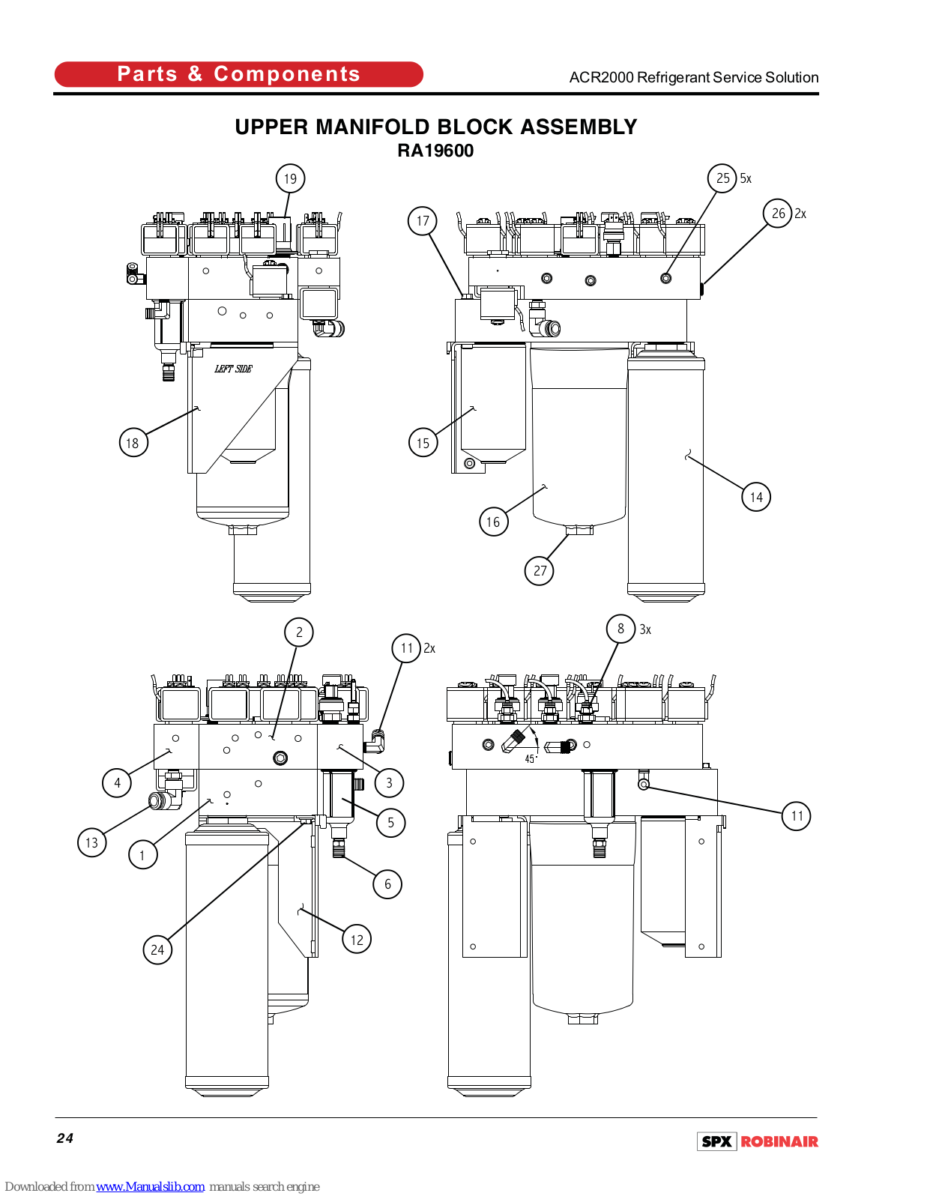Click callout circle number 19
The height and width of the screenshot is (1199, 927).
coord(290,178)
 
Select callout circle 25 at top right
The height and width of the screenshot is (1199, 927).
coord(722,178)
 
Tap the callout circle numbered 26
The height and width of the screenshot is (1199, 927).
coord(778,213)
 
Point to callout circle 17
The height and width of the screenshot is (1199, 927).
coord(423,221)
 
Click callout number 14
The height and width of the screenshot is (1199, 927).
coord(756,497)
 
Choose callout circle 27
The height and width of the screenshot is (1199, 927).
coord(539,570)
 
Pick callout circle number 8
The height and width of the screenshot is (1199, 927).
coord(620,629)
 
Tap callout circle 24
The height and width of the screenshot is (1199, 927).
coord(157,949)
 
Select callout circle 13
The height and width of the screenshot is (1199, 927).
coord(91,842)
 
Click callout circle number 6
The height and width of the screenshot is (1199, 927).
coord(387,884)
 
